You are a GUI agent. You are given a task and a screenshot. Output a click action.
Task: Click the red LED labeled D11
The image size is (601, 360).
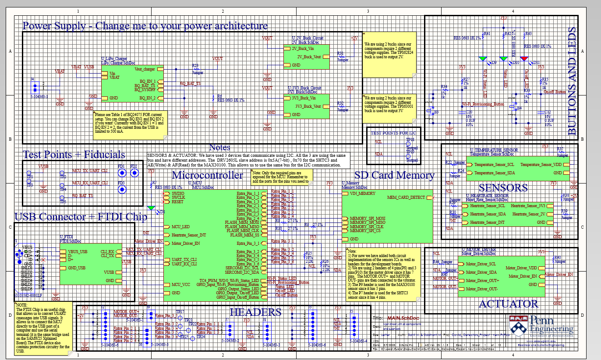(524, 58)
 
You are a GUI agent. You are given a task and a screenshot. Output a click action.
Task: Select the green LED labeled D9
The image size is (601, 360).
(483, 58)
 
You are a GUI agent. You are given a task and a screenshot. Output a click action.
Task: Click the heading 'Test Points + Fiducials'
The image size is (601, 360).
(74, 155)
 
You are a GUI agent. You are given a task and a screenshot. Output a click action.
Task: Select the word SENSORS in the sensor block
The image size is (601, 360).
(503, 188)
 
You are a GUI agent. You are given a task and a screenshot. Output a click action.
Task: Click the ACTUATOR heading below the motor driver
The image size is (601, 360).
(508, 304)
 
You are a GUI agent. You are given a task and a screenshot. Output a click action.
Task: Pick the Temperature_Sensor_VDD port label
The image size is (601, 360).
(541, 165)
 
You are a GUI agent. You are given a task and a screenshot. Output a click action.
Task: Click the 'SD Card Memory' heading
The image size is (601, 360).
(394, 176)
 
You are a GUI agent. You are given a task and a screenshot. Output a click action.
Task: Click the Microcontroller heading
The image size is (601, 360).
(207, 176)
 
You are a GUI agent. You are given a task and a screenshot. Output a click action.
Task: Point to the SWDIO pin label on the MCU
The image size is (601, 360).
(178, 193)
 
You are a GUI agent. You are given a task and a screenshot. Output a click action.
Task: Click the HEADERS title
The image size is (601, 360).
(255, 312)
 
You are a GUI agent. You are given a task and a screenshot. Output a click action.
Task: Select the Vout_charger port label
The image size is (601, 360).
(145, 69)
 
